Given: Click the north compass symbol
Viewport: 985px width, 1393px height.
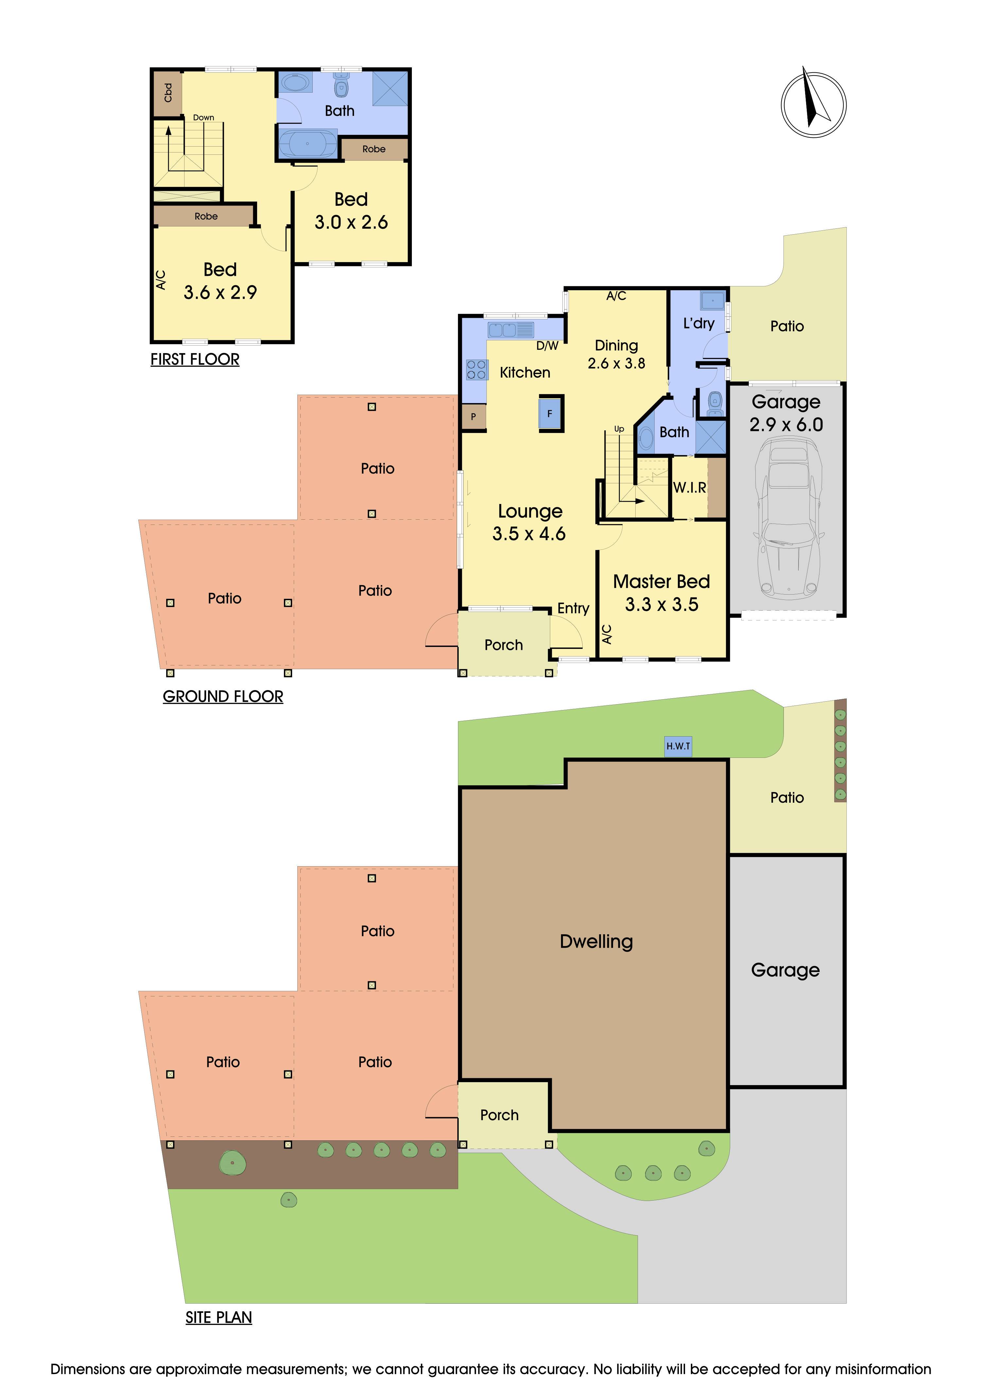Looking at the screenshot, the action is pyautogui.click(x=813, y=104).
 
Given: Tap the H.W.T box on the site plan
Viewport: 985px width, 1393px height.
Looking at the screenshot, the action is pyautogui.click(x=678, y=746).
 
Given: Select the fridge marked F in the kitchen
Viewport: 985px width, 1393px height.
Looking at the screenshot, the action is pyautogui.click(x=550, y=414).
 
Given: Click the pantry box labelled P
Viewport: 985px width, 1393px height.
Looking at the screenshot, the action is pyautogui.click(x=473, y=417).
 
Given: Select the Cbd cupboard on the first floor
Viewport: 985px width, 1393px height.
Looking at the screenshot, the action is pyautogui.click(x=167, y=94).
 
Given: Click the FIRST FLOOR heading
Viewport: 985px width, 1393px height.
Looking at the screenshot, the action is pyautogui.click(x=195, y=360).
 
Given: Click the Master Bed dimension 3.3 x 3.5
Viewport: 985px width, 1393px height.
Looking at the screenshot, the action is pyautogui.click(x=662, y=604).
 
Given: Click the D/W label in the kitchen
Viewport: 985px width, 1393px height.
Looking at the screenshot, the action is pyautogui.click(x=547, y=346).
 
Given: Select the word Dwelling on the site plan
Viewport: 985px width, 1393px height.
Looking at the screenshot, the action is pyautogui.click(x=596, y=942).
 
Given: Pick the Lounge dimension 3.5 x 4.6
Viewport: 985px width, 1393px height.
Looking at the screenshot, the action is pyautogui.click(x=529, y=534).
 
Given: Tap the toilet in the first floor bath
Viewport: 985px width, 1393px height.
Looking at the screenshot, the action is pyautogui.click(x=342, y=86).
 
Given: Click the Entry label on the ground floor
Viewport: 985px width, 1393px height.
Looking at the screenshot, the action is pyautogui.click(x=573, y=609).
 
